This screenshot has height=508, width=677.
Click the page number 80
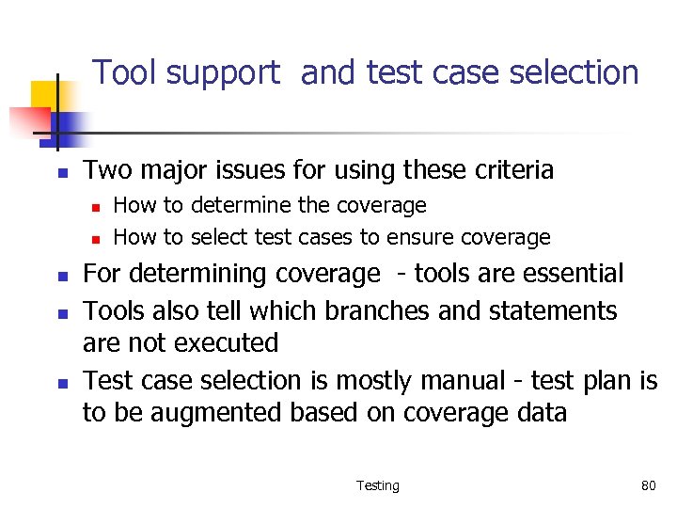[x=648, y=485]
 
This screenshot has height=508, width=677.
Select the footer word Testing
[x=378, y=485]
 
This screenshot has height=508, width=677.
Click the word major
[x=174, y=170]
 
